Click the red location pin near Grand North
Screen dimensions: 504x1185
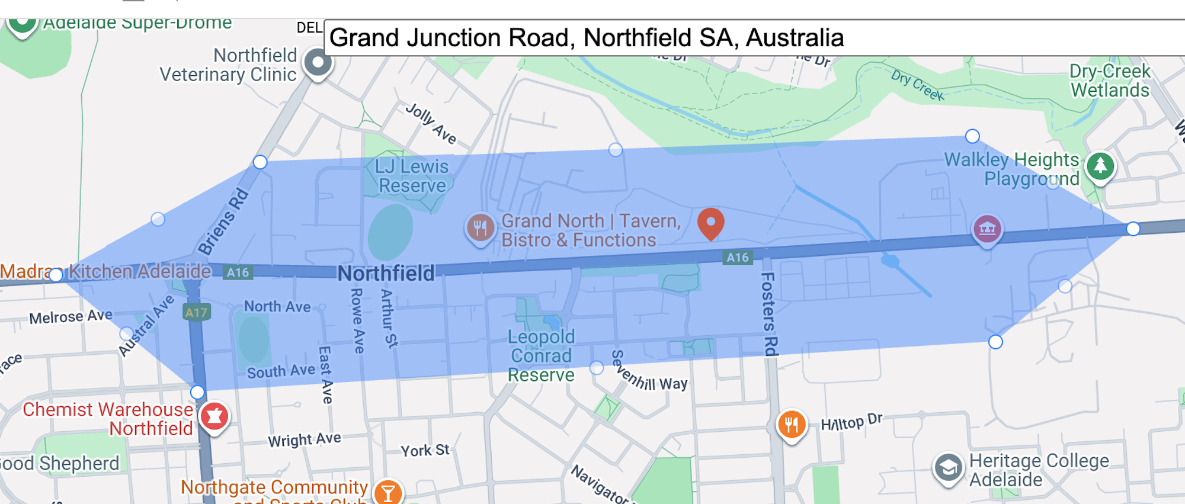710,223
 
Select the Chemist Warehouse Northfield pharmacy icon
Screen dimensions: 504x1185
214,416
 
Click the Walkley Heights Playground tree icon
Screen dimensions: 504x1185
1100,166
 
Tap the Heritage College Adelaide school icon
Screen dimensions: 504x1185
948,468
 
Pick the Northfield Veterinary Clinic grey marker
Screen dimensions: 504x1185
318,63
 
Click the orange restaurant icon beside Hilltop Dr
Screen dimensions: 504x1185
792,425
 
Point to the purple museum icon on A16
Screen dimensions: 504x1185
987,229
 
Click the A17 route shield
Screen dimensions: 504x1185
196,312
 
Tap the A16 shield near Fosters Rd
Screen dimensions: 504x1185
738,257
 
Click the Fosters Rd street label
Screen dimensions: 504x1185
768,314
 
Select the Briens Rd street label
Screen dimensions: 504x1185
223,221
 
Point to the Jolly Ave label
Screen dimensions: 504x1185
431,124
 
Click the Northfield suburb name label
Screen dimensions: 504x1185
386,273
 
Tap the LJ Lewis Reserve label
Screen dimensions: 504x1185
412,176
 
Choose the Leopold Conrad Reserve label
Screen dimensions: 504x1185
541,355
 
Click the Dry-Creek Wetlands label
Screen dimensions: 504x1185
1109,81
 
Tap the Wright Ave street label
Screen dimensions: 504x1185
305,440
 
